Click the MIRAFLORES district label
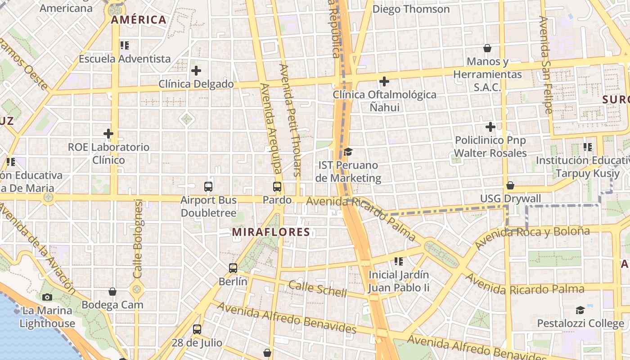coord(271,232)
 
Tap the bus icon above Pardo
coord(277,186)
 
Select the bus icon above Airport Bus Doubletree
coord(208,186)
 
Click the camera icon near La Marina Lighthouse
coord(47,297)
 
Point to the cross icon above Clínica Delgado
coord(196,71)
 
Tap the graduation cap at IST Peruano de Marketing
coord(348,152)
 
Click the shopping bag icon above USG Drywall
coord(510,185)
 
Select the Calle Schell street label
coord(318,288)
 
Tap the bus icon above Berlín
coord(233,268)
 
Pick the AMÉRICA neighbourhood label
coord(139,20)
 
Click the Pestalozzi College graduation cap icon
coord(580,310)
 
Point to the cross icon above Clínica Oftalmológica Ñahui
coord(384,81)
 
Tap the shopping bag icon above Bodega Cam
coord(112,292)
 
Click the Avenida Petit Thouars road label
coord(290,120)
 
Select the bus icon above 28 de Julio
coord(197,329)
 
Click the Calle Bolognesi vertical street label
coord(138,238)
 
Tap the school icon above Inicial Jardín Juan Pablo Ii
coord(398,261)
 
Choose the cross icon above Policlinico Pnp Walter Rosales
coord(490,127)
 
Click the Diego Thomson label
coord(411,9)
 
